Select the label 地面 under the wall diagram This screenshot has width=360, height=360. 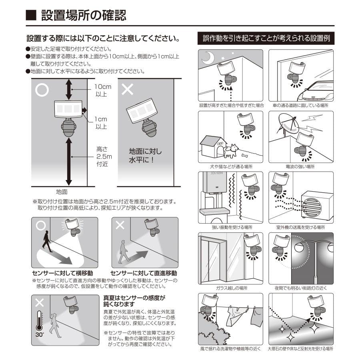pyautogui.click(x=62, y=192)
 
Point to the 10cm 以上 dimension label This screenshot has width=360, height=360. pyautogui.click(x=103, y=90)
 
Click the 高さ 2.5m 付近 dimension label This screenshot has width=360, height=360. pyautogui.click(x=102, y=156)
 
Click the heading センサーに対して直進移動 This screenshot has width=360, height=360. pyautogui.click(x=144, y=273)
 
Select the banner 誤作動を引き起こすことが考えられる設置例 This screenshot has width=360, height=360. pyautogui.click(x=266, y=39)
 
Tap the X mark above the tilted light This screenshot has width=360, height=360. pyautogui.click(x=127, y=89)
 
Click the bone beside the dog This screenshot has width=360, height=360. pyautogui.click(x=243, y=154)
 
